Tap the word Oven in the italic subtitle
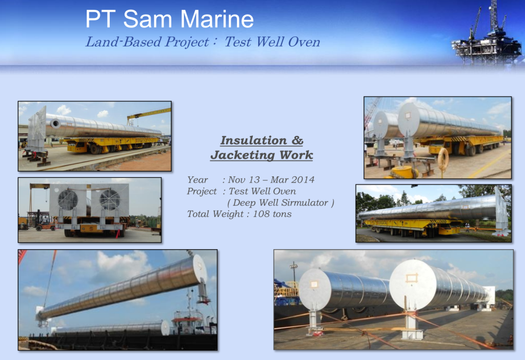point(304,42)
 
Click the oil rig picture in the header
point(487,33)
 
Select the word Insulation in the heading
point(253,141)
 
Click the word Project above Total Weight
point(202,192)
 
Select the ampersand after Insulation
point(297,141)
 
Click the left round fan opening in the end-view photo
point(68,201)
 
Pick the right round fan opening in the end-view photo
point(110,199)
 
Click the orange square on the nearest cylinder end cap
point(412,277)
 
